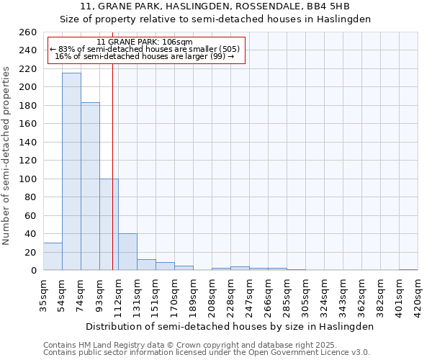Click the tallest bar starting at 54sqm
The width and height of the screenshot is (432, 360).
coord(71,171)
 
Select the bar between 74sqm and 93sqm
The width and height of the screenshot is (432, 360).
coord(90,186)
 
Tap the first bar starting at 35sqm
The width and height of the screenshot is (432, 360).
coord(53,256)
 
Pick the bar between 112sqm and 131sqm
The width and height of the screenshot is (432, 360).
coord(127,252)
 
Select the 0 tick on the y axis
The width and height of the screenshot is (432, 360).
coord(33,271)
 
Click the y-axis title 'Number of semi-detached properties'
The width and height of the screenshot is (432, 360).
coord(6,155)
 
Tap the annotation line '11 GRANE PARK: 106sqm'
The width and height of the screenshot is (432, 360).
coord(145,42)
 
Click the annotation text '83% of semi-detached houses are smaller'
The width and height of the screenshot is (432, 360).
coord(145,49)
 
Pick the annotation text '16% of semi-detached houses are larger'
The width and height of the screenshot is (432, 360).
coord(145,56)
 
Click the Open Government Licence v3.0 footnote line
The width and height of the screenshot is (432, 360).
coord(207,353)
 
